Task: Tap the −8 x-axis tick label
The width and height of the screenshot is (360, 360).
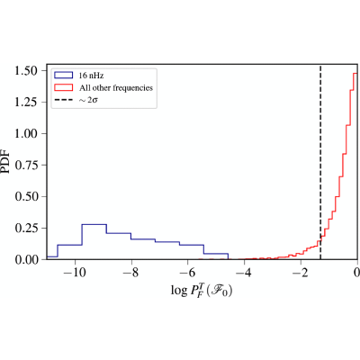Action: point(130,273)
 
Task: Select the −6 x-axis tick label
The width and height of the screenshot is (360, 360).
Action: point(187,273)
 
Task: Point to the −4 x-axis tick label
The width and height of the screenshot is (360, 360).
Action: point(244,273)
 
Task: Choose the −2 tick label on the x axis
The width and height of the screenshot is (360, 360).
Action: point(300,273)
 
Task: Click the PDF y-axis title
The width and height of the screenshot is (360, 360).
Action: point(5,162)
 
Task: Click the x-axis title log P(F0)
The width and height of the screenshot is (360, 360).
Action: point(202,291)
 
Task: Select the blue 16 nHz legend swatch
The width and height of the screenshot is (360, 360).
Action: point(63,75)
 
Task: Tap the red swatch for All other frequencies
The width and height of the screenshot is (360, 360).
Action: point(63,87)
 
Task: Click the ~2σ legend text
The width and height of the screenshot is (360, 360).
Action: point(88,100)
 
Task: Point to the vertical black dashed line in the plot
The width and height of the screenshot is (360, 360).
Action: point(320,162)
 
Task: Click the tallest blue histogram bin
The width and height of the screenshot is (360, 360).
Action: point(94,224)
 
